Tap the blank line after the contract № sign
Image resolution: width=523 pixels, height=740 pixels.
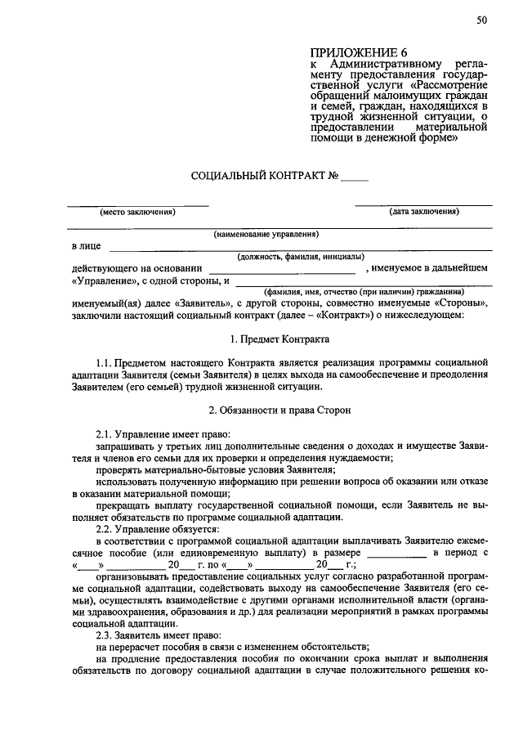[x=355, y=177]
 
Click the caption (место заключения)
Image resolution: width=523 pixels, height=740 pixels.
[x=138, y=212]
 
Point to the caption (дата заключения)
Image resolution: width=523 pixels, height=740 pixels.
[x=424, y=212]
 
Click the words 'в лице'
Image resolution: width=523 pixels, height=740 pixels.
[x=85, y=246]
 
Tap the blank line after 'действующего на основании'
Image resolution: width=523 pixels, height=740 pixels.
[x=282, y=268]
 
